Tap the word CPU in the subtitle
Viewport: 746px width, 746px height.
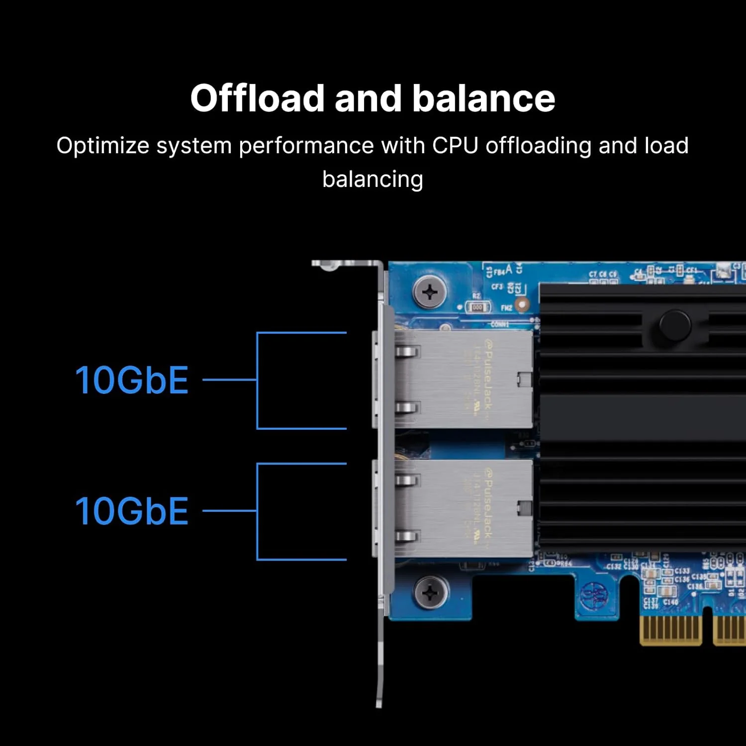pyautogui.click(x=455, y=146)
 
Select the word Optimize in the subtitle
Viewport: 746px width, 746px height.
pyautogui.click(x=102, y=146)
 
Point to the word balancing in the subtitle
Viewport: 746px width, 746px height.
pyautogui.click(x=373, y=180)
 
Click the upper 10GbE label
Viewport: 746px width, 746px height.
pyautogui.click(x=132, y=380)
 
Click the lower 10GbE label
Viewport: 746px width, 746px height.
pyautogui.click(x=132, y=511)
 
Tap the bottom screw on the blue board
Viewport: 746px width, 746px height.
pyautogui.click(x=431, y=592)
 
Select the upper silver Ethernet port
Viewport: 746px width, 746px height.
pyautogui.click(x=458, y=379)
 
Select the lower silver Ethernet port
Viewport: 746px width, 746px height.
pyautogui.click(x=458, y=508)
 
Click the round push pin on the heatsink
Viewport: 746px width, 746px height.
pyautogui.click(x=674, y=325)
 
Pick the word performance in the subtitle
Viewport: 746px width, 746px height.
pyautogui.click(x=306, y=146)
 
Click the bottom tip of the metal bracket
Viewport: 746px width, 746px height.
pyautogui.click(x=379, y=703)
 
